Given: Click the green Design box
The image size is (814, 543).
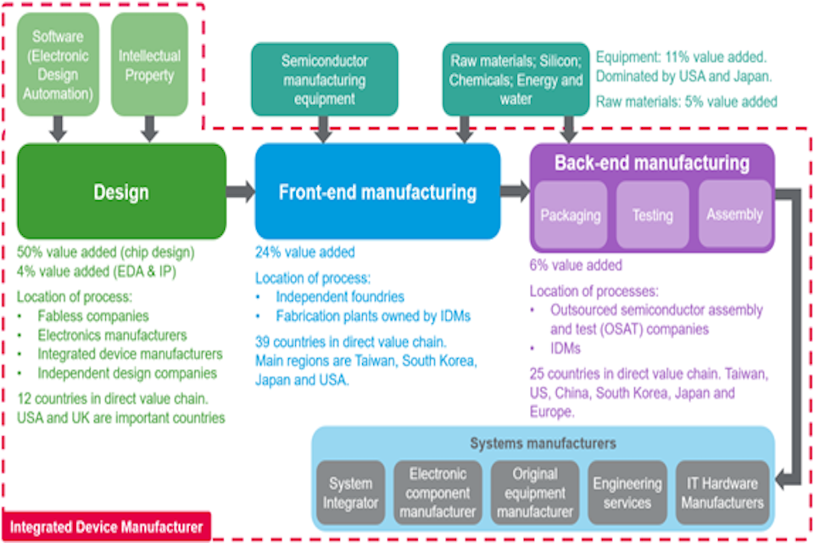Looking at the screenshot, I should [x=121, y=191].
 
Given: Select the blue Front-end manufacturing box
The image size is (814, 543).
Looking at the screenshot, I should [x=377, y=191].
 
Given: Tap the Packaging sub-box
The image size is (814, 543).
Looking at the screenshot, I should [x=569, y=215].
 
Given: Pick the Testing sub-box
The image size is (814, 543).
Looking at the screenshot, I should [x=652, y=215].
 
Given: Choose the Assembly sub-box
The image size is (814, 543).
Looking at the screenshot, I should [x=734, y=214].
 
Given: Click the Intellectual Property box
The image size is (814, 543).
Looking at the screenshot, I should [x=149, y=65].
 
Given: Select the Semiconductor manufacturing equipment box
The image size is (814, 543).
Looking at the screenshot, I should [x=324, y=80].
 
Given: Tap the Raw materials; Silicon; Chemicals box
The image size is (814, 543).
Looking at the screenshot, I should [x=516, y=81].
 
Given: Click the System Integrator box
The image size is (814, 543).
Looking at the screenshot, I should [x=350, y=493].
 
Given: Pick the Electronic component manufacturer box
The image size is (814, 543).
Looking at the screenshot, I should [x=438, y=493].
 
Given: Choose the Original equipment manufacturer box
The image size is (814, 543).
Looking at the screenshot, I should [x=535, y=493].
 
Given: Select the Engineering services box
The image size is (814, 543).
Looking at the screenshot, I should [x=627, y=493].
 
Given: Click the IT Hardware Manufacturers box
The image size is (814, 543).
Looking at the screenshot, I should [x=722, y=493].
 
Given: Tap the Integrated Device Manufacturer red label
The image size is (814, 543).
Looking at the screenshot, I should [x=107, y=526].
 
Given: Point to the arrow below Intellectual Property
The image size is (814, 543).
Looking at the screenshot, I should [x=150, y=128].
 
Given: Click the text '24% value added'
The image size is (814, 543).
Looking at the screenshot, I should [x=305, y=252].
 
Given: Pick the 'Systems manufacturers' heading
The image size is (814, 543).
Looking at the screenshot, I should [x=544, y=444].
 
